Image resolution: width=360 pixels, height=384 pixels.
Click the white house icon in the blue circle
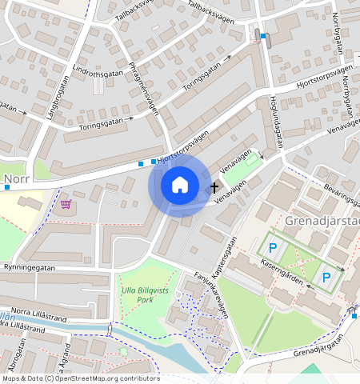pyautogui.click(x=180, y=185)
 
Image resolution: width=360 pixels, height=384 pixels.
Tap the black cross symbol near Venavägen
pyautogui.click(x=214, y=188)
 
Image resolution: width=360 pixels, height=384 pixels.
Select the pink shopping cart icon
pyautogui.click(x=66, y=204)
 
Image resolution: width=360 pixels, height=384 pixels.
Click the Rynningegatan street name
pyautogui.click(x=32, y=267)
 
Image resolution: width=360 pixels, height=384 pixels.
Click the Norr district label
pyautogui.click(x=17, y=179)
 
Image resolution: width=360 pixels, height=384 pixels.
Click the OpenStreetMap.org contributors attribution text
pyautogui.click(x=104, y=378)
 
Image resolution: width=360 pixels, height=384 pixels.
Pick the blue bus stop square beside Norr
pyautogui.click(x=6, y=187)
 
